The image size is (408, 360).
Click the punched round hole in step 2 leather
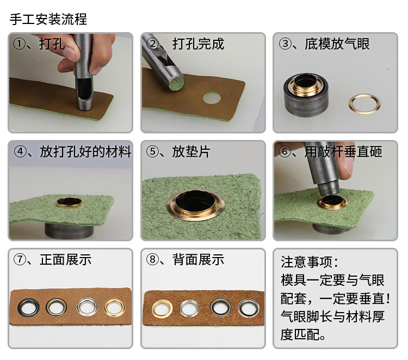(212, 99)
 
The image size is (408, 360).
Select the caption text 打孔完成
(198, 44)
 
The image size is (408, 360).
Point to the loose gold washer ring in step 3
(364, 103)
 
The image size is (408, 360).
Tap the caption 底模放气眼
(338, 44)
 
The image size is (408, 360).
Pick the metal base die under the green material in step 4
(69, 229)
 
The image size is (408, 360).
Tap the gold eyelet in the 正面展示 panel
(115, 307)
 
